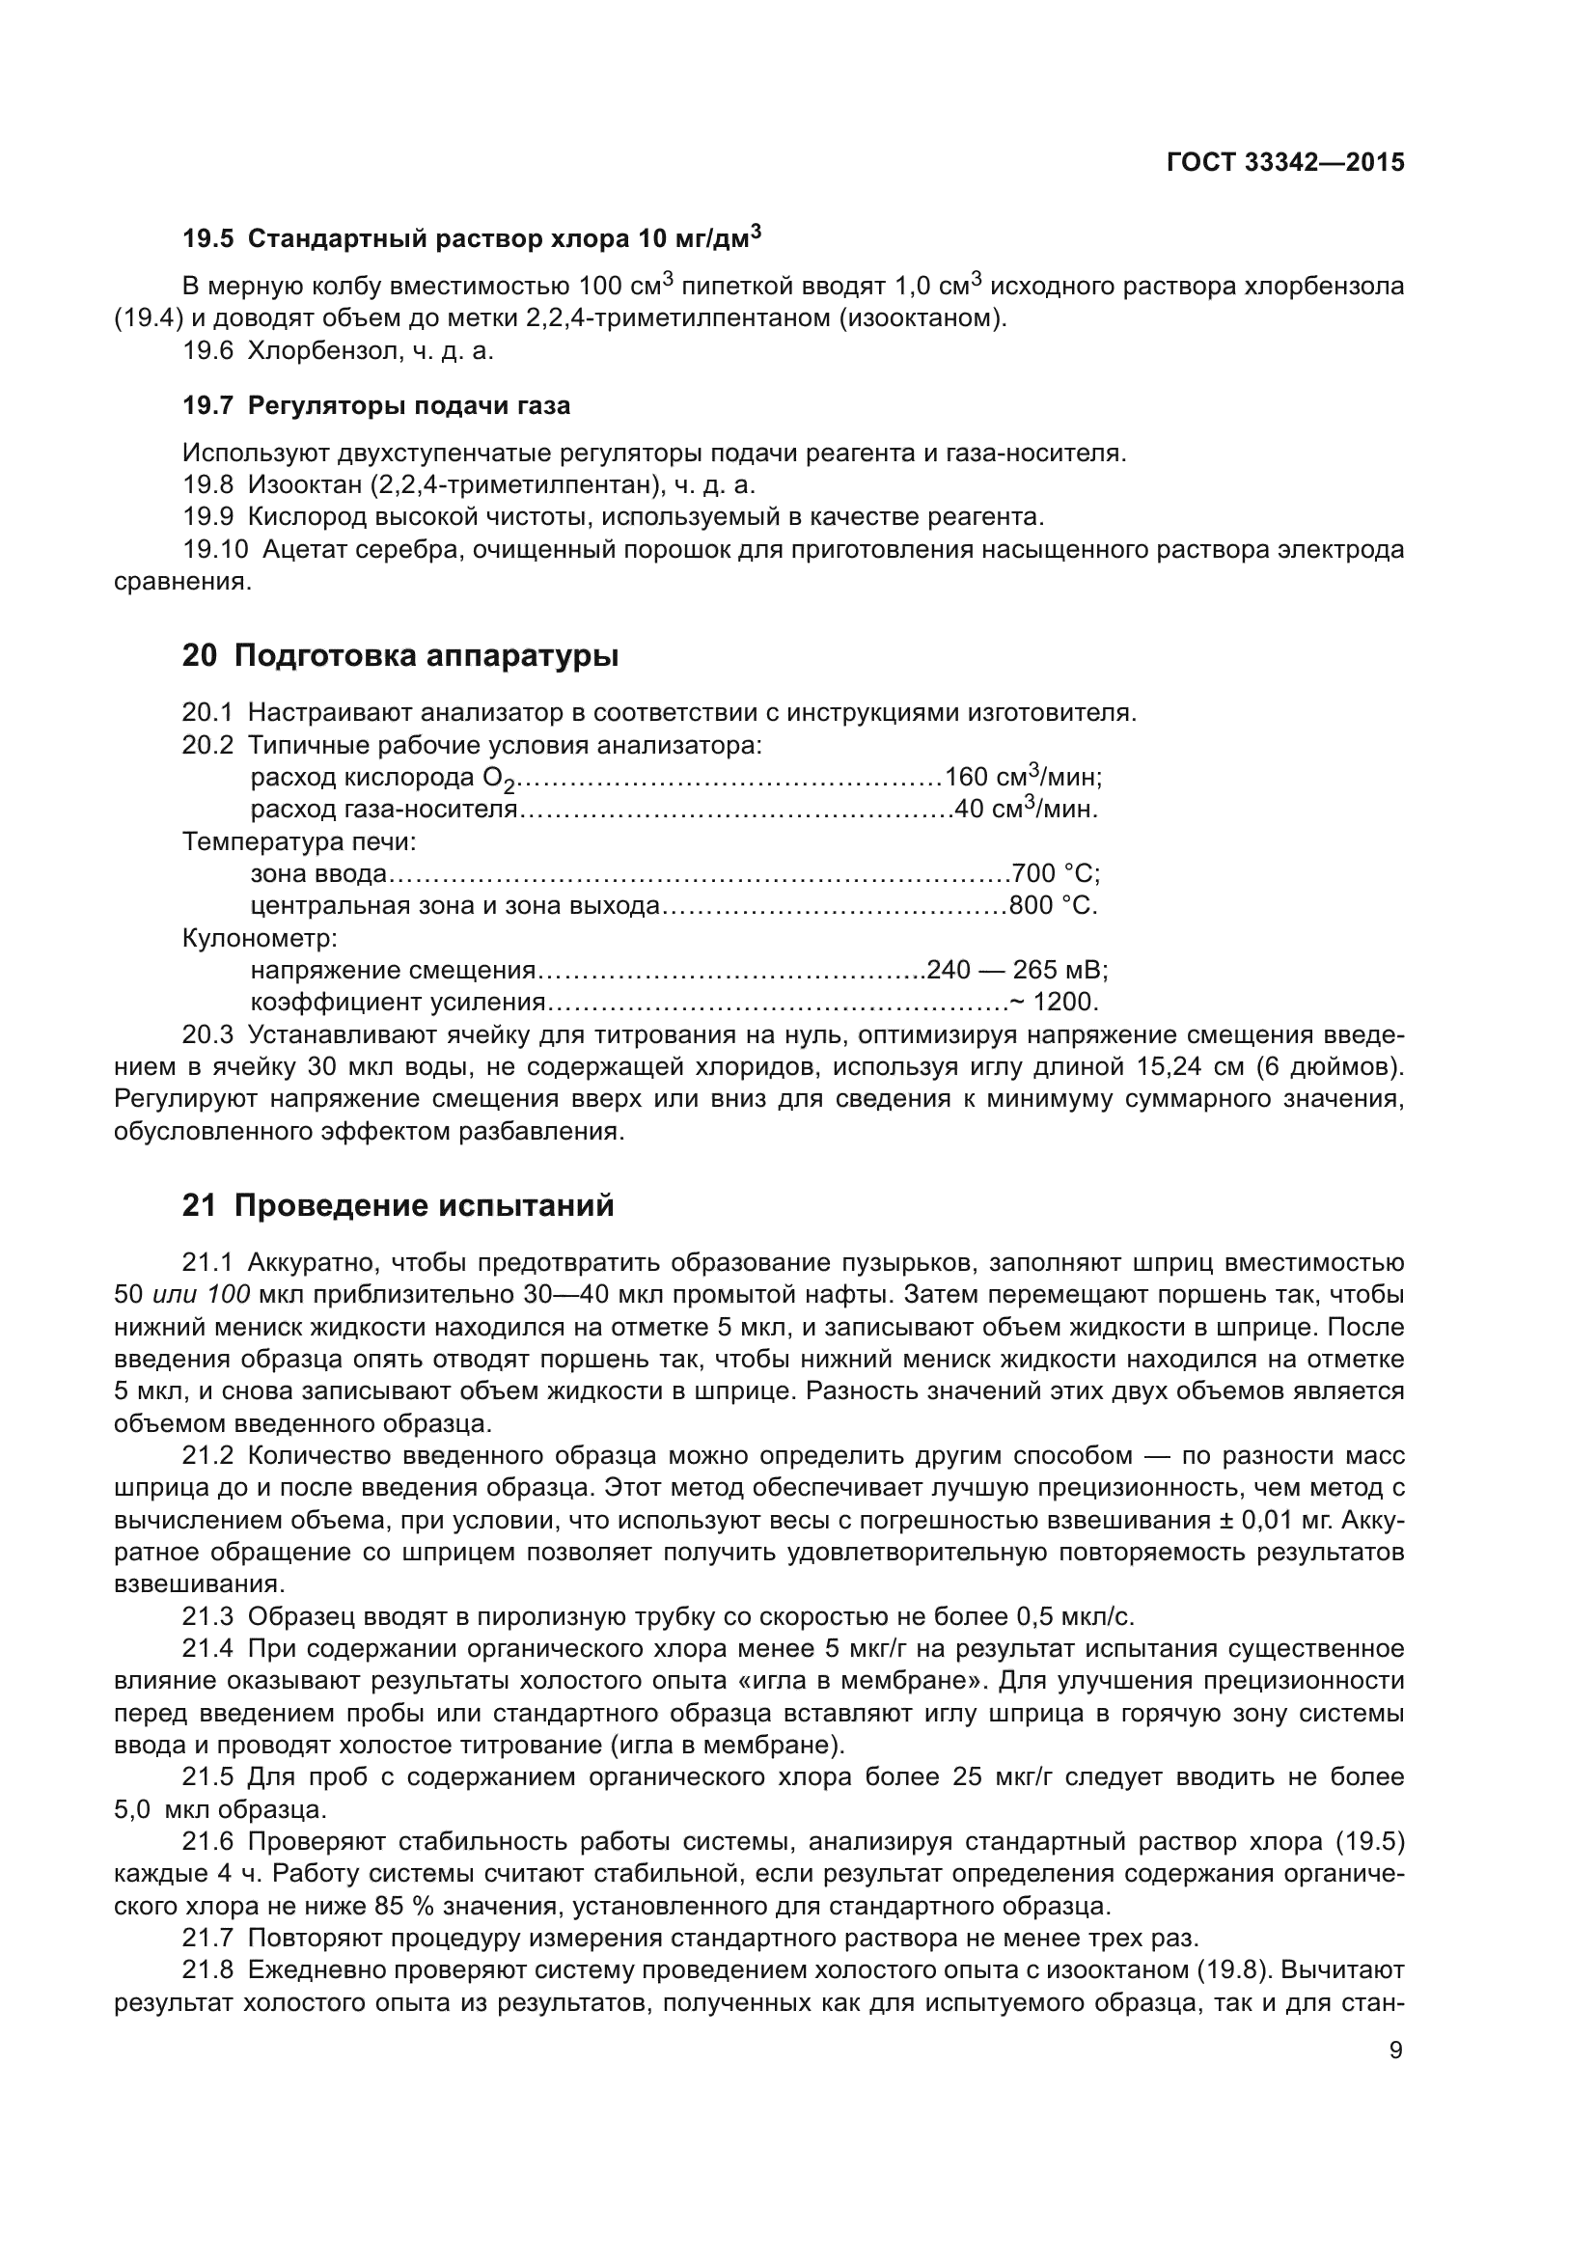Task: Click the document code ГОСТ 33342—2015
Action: click(x=1284, y=163)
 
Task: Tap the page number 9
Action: click(x=1395, y=2051)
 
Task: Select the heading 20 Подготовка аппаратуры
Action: click(x=400, y=655)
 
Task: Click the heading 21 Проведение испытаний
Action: click(x=397, y=1205)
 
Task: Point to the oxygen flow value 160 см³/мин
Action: click(x=1022, y=778)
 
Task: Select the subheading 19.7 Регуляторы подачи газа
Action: click(x=375, y=405)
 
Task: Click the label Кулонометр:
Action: click(x=260, y=938)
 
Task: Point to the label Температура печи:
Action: click(x=299, y=841)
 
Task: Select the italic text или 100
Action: click(x=203, y=1295)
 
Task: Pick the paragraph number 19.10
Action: click(x=215, y=549)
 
